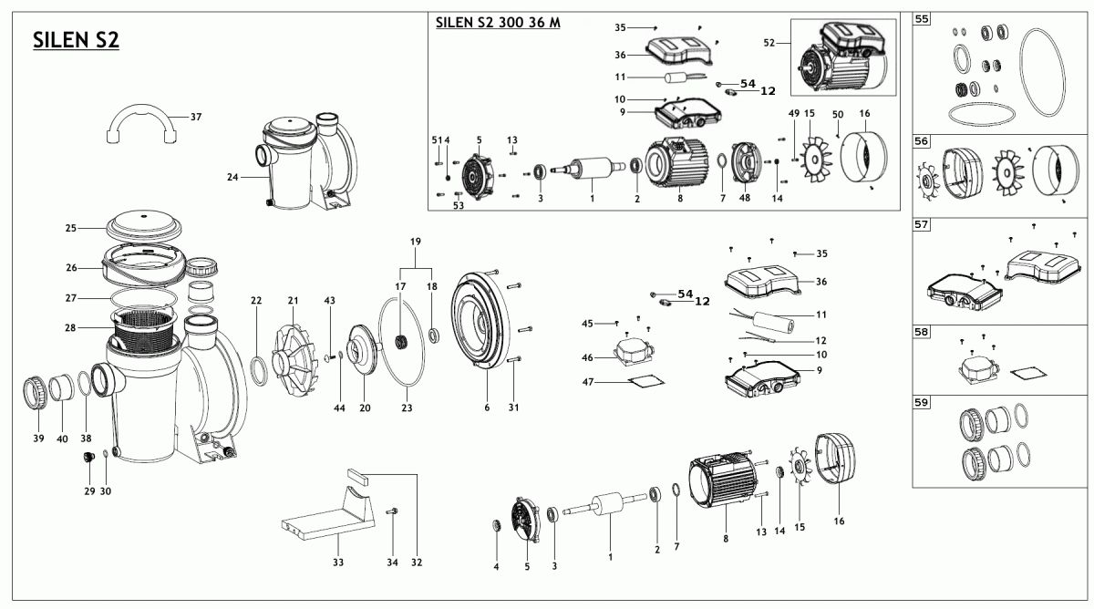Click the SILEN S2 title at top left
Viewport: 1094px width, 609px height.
pyautogui.click(x=76, y=40)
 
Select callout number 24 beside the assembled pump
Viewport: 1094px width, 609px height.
pyautogui.click(x=232, y=178)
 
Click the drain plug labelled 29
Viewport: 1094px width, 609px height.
pyautogui.click(x=90, y=456)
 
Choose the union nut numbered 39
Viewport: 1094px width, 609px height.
pyautogui.click(x=36, y=394)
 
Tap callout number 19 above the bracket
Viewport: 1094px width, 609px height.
pyautogui.click(x=415, y=241)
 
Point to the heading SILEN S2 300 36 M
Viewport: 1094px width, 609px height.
pyautogui.click(x=498, y=23)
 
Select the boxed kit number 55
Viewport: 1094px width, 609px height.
pyautogui.click(x=923, y=18)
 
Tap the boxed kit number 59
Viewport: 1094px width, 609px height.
pyautogui.click(x=923, y=401)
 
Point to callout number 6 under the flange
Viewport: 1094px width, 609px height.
pyautogui.click(x=487, y=407)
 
